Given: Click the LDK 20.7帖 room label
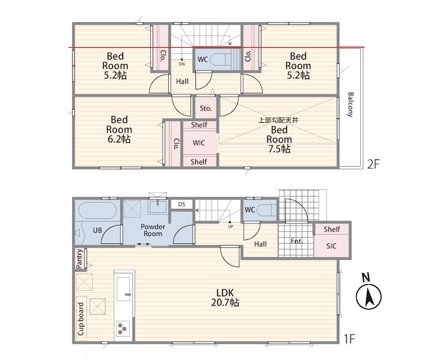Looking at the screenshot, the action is click(225, 298).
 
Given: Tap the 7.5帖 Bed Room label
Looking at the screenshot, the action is click(279, 139).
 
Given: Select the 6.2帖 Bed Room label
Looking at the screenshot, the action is click(119, 129).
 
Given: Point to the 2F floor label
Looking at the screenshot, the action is click(373, 164).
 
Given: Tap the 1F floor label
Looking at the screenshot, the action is click(350, 338).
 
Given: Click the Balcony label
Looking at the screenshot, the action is click(350, 104).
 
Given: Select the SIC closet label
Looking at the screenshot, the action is click(331, 246).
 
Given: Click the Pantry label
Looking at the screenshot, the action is click(79, 258).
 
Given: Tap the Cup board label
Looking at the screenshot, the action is click(80, 319).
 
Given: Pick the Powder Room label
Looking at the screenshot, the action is click(153, 230).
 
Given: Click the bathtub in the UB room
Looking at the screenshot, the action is click(97, 210).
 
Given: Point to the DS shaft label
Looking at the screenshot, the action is click(182, 204).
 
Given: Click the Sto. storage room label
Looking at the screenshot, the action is click(205, 108).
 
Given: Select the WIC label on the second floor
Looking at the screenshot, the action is click(199, 143).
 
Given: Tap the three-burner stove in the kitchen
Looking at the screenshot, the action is click(123, 329).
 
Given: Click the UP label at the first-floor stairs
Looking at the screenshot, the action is click(230, 227).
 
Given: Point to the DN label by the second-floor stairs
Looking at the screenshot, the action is click(182, 64).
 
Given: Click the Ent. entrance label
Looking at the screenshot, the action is click(297, 241).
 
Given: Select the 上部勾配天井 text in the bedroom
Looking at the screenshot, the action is click(278, 120).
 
